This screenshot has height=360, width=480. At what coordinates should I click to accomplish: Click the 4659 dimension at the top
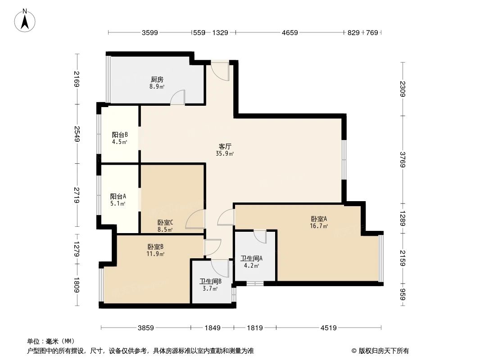pyautogui.click(x=290, y=32)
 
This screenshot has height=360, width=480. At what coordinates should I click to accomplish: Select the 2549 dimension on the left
pyautogui.click(x=77, y=134)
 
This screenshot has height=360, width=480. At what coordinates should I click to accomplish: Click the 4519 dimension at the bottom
pyautogui.click(x=328, y=328)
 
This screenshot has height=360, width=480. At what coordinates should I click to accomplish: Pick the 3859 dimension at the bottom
pyautogui.click(x=145, y=328)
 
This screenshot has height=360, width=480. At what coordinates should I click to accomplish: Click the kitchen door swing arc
pyautogui.click(x=178, y=97)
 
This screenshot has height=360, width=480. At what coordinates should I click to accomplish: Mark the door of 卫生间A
pyautogui.click(x=260, y=236)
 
